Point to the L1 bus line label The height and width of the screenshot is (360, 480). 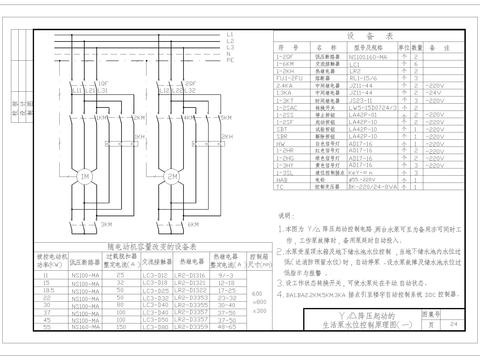pyautogui.click(x=231, y=36)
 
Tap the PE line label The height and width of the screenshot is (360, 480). pyautogui.click(x=231, y=60)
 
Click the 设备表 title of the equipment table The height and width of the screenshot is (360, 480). pyautogui.click(x=358, y=35)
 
